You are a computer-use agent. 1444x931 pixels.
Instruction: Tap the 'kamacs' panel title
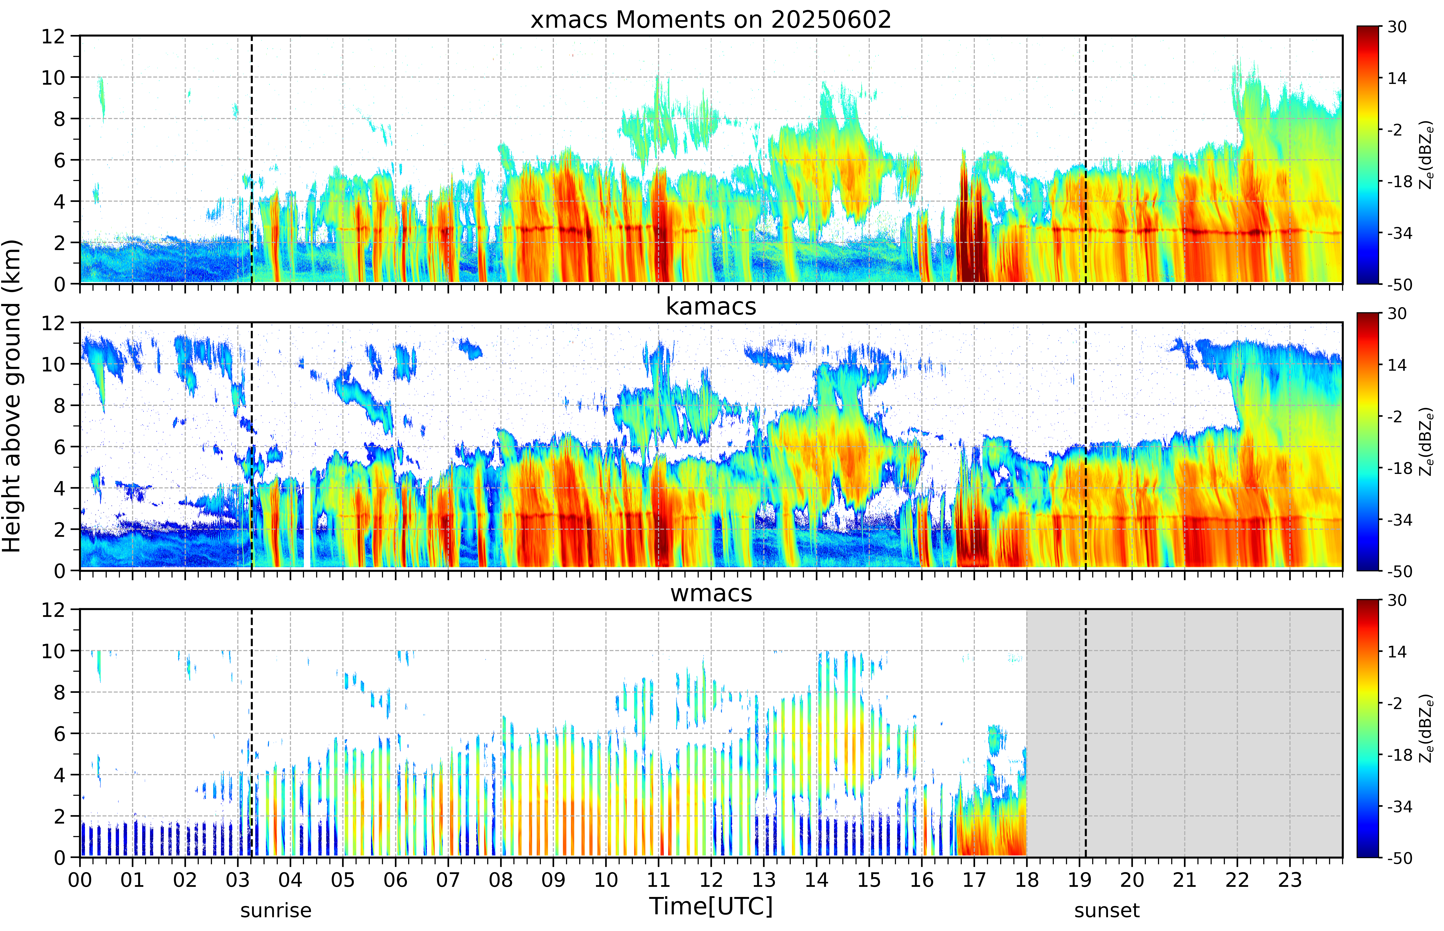point(711,306)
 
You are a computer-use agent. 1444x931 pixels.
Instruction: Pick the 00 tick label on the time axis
point(80,880)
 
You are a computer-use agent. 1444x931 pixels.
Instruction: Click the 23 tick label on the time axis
point(1290,880)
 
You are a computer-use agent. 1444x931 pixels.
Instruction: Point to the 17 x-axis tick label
point(974,880)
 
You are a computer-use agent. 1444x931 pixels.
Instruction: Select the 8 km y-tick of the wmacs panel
point(59,692)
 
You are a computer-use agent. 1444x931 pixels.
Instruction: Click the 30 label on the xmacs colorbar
point(1397,27)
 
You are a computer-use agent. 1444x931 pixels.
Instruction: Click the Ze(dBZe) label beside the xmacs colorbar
point(1427,155)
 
